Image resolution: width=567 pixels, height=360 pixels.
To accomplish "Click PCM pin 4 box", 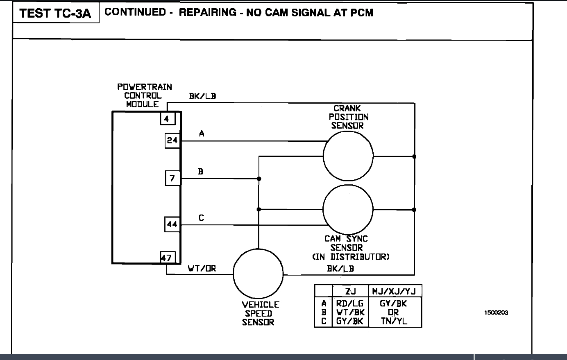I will (167, 119).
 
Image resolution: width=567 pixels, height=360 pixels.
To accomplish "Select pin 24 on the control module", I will (172, 140).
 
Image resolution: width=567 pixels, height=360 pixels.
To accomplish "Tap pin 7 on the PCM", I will (172, 179).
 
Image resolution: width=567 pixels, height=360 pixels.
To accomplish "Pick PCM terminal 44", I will (172, 224).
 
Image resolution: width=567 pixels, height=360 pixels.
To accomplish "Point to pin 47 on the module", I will (167, 258).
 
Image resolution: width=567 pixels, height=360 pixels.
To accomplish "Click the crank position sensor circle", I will (348, 156).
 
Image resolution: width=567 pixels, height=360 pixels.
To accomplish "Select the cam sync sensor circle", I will (348, 210).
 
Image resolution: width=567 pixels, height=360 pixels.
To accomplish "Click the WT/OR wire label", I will (202, 269).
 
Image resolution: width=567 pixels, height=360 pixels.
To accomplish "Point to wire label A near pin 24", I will (202, 134).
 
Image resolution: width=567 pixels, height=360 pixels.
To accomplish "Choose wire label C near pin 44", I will (201, 218).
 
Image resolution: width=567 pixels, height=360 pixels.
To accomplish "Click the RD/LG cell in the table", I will (349, 304).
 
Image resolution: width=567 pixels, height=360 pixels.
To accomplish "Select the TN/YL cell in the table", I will (394, 321).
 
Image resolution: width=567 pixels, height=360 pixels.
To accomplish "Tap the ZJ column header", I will (350, 291).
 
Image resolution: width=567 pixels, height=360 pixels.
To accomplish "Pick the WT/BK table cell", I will (349, 312).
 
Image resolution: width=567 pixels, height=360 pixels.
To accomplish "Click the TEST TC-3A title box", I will (55, 14).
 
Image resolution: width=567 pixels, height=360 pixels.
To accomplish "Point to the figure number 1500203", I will (496, 312).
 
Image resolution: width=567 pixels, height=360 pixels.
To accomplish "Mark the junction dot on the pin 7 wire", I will (259, 179).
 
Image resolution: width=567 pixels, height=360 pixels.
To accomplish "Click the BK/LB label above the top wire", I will (202, 96).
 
